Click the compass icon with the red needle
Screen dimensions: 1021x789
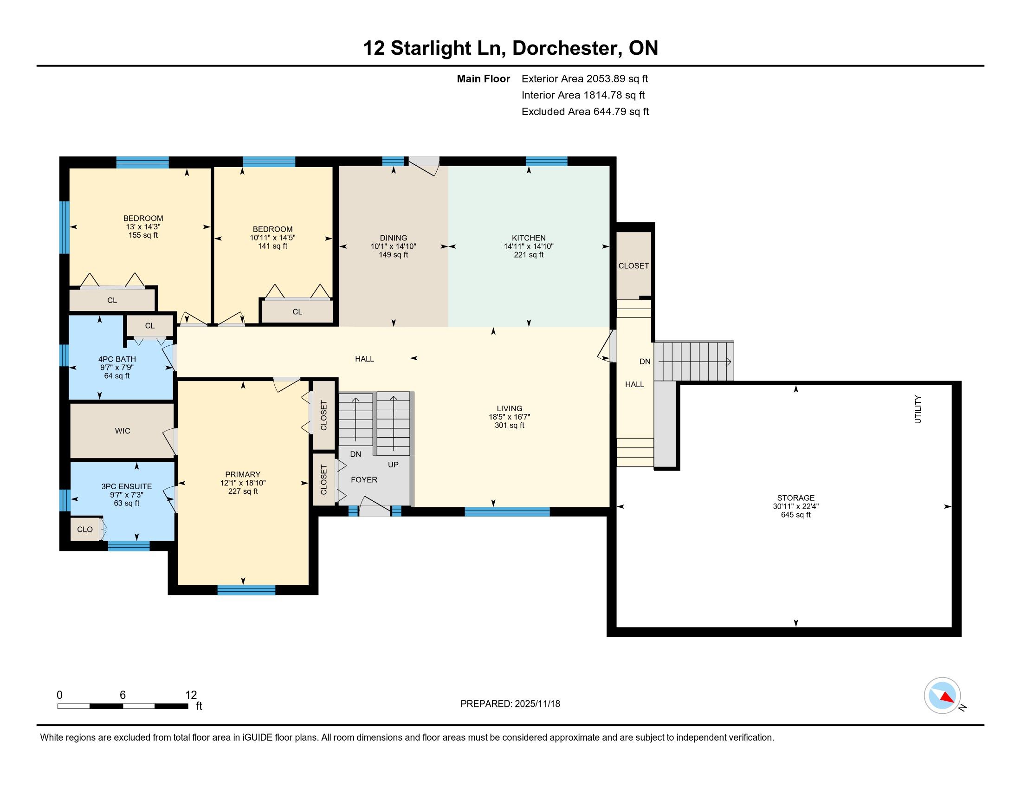click(x=942, y=695)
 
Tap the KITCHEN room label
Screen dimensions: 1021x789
click(x=529, y=238)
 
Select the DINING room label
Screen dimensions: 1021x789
click(x=394, y=238)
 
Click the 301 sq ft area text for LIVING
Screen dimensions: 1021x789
click(x=510, y=425)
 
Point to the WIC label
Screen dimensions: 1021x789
click(x=123, y=431)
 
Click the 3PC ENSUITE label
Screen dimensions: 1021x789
click(x=127, y=486)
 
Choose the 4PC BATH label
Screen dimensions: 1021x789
click(x=117, y=359)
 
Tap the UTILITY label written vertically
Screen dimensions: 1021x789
click(x=918, y=409)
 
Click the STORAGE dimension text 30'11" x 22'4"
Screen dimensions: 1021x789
click(x=795, y=506)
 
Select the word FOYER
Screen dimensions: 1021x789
click(x=364, y=479)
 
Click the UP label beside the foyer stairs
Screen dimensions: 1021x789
click(x=393, y=465)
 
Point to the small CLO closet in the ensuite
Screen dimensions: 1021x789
click(x=85, y=529)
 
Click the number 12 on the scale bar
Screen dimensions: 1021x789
click(x=191, y=695)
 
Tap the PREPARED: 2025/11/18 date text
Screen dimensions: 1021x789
click(x=510, y=704)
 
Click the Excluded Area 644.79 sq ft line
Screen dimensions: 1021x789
click(x=585, y=112)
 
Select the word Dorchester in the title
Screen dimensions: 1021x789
click(x=567, y=48)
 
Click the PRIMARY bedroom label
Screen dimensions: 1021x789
click(x=243, y=474)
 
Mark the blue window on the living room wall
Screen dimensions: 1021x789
click(x=507, y=511)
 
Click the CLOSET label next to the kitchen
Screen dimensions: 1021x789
click(x=633, y=266)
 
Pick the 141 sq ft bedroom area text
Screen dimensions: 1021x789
click(x=272, y=246)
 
